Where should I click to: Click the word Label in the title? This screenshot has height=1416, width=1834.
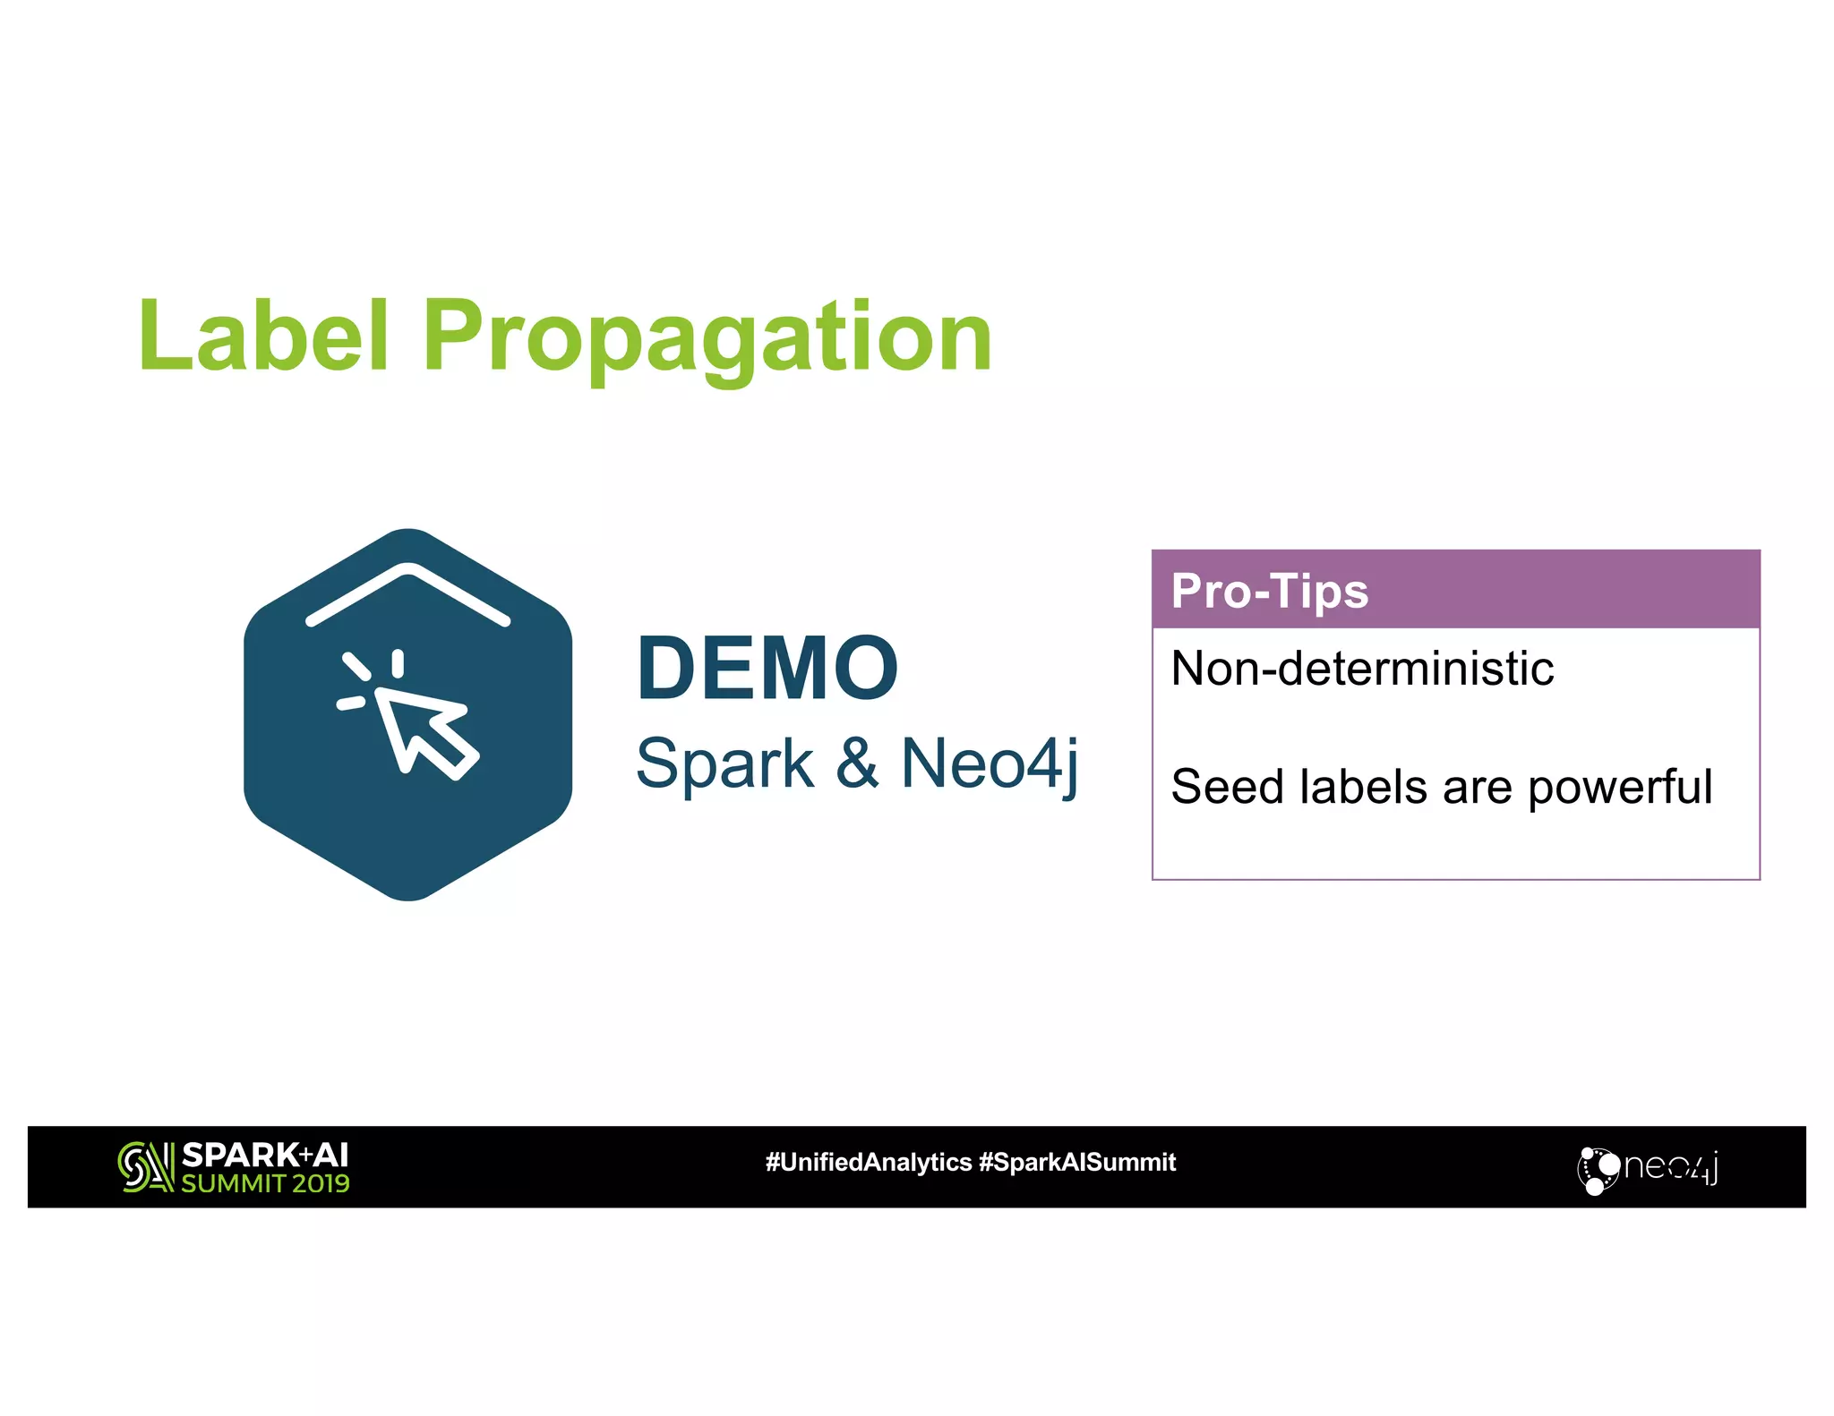tap(263, 336)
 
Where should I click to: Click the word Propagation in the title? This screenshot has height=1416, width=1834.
tap(707, 338)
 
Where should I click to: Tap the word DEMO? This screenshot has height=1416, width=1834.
tap(767, 668)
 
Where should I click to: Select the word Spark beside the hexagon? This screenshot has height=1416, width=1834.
tap(724, 763)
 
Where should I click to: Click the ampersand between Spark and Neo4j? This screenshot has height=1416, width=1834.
tap(857, 763)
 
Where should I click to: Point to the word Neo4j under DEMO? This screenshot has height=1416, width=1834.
tap(990, 763)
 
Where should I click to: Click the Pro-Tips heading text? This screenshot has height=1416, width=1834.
tap(1269, 591)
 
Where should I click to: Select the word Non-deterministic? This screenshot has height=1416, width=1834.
tap(1361, 668)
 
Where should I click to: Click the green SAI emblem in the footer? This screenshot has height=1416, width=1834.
tap(145, 1166)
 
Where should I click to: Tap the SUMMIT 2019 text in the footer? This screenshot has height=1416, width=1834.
tap(265, 1183)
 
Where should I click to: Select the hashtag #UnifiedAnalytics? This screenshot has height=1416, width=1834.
tap(868, 1162)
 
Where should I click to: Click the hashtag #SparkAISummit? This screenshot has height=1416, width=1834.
tap(1077, 1162)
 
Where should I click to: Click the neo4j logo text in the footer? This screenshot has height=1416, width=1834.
tap(1670, 1167)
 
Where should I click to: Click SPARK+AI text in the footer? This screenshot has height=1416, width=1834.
tap(265, 1154)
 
